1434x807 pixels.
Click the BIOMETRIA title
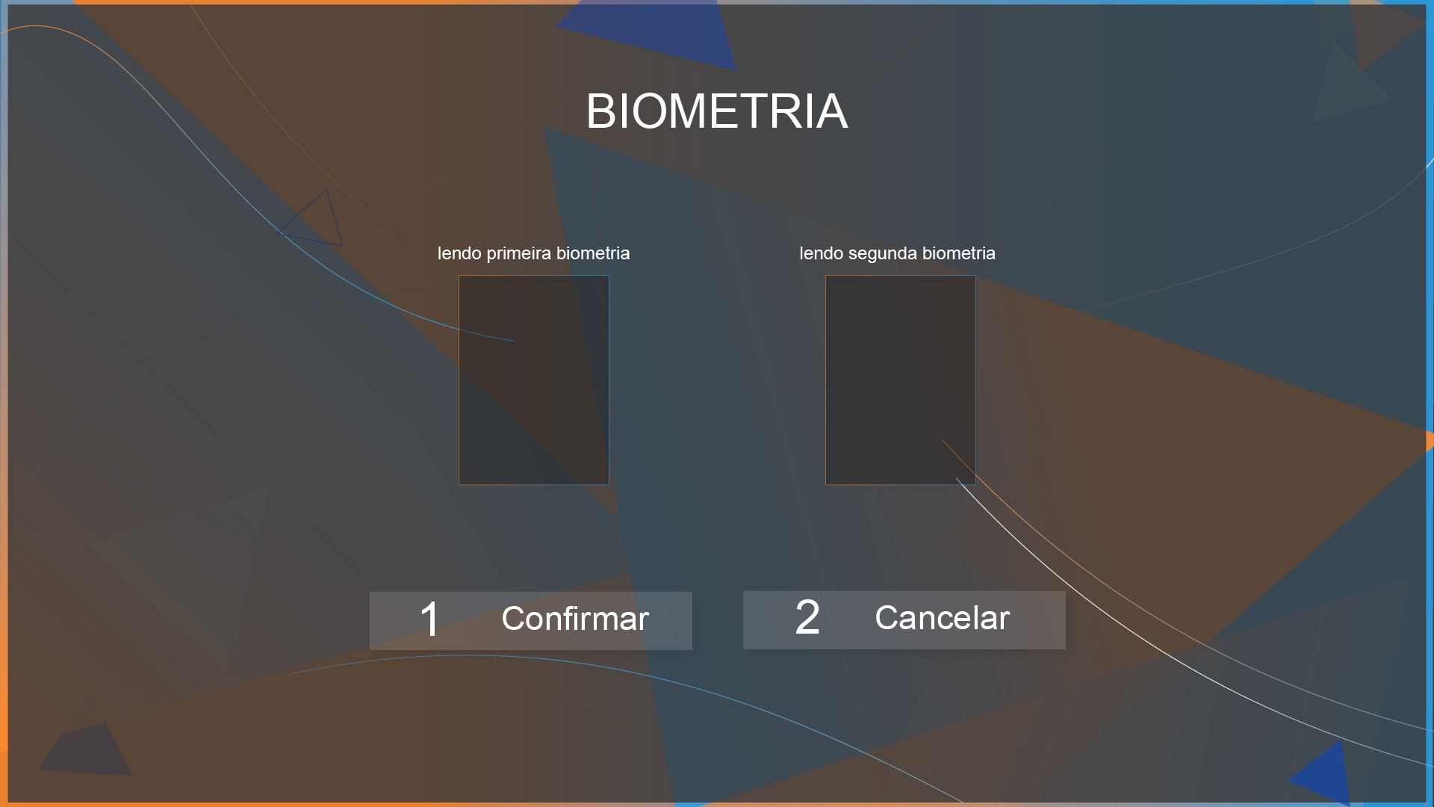tap(717, 111)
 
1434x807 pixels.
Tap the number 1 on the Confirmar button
tap(429, 619)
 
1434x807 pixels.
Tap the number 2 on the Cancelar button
tap(807, 618)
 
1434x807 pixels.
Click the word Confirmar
tap(575, 619)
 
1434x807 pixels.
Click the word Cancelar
tap(943, 618)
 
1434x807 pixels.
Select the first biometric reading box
tap(534, 380)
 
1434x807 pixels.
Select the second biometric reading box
tap(901, 380)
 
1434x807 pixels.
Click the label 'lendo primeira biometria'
tap(533, 253)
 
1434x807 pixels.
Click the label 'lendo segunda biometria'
tap(897, 253)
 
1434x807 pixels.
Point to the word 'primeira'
tap(519, 254)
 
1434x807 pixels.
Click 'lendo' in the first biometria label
tap(459, 253)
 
